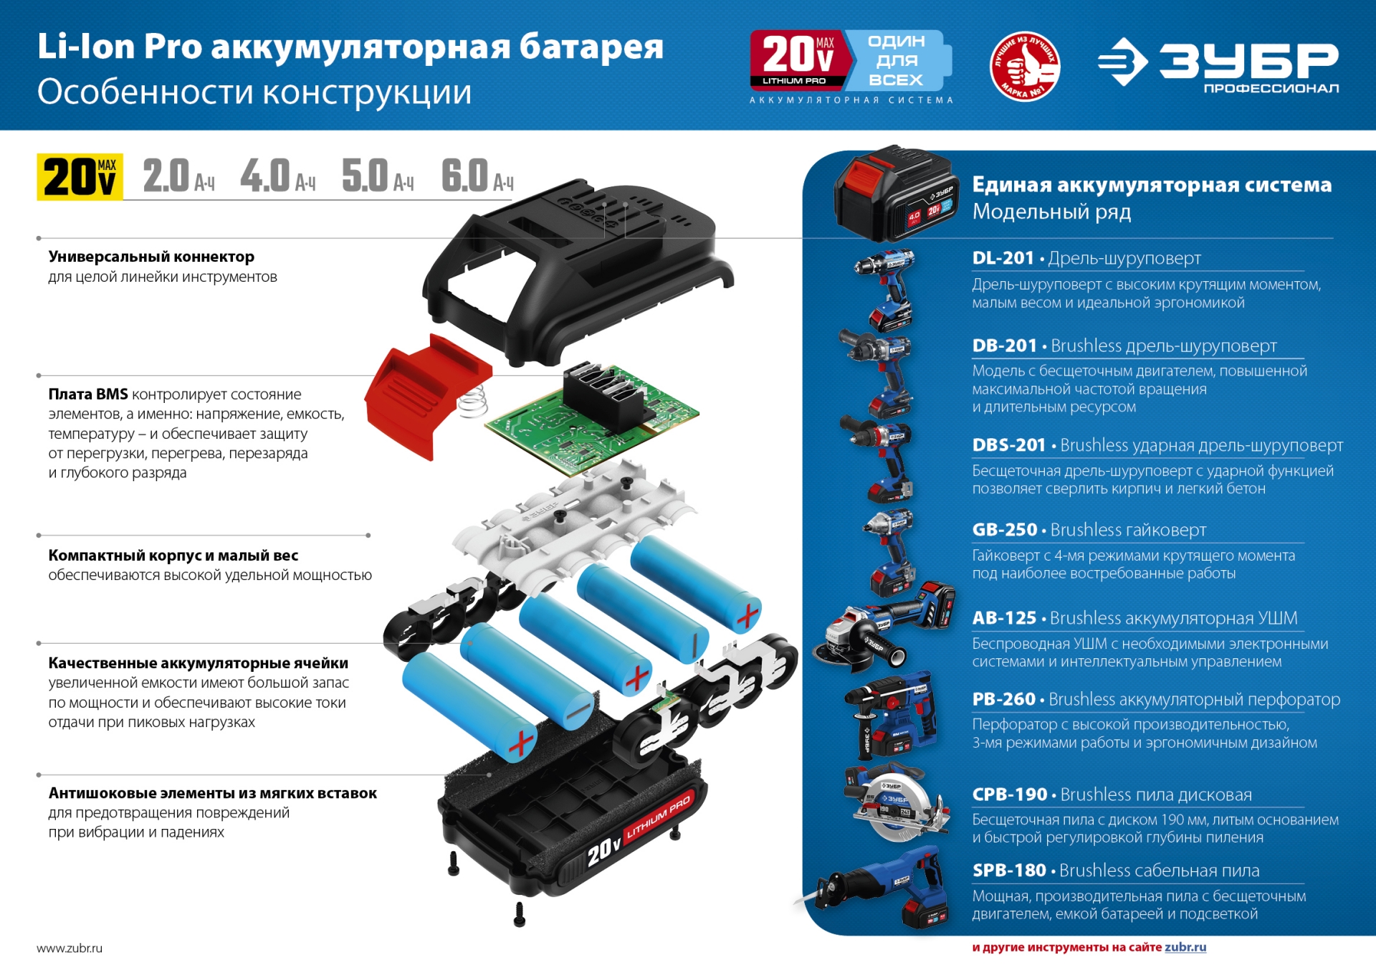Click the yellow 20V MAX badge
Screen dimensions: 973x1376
point(80,176)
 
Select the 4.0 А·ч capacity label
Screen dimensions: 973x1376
point(277,176)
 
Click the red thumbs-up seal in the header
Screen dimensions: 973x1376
point(1025,66)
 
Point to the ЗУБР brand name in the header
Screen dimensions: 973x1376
point(1248,60)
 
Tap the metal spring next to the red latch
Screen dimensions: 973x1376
point(472,402)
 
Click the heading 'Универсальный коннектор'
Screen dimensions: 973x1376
point(151,257)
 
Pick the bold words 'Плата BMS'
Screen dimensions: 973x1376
point(88,394)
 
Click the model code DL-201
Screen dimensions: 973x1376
point(1003,258)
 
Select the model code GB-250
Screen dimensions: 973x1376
point(1004,530)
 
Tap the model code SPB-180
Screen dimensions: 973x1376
point(1009,870)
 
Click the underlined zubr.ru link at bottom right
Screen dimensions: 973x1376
point(1185,947)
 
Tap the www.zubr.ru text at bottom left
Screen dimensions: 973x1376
point(70,948)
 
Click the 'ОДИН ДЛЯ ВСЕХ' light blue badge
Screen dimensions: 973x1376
point(897,60)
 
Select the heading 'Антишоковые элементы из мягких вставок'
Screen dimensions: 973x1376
point(213,793)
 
